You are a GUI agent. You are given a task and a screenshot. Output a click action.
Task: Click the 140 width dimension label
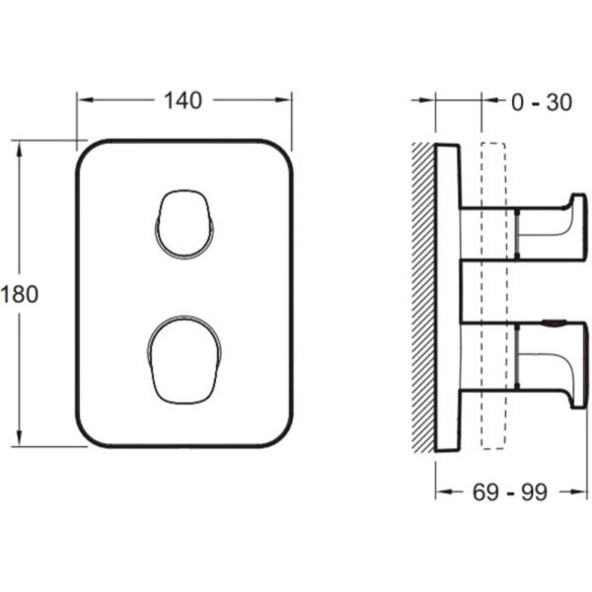(x=184, y=101)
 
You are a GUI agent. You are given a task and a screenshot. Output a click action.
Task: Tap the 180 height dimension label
(x=20, y=294)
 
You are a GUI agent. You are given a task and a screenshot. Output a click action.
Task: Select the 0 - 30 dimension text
(x=542, y=103)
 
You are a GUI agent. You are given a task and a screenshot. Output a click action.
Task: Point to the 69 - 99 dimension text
(x=510, y=492)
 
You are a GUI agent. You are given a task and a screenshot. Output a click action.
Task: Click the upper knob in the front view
(x=185, y=225)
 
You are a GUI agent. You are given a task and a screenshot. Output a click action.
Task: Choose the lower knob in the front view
(x=185, y=359)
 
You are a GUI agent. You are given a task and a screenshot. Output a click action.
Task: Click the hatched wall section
(x=423, y=297)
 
